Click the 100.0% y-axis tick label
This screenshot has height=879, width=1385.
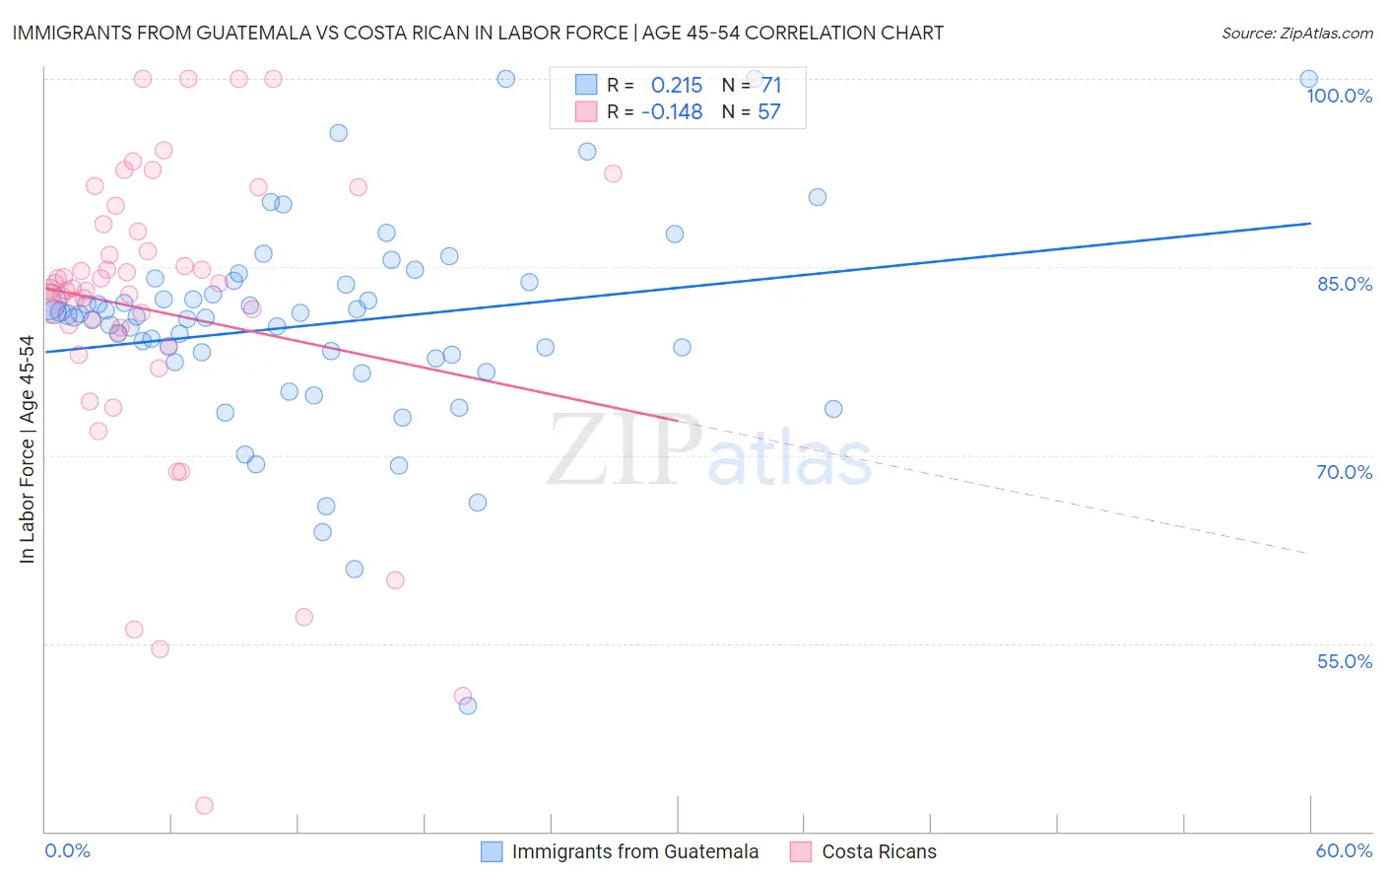coord(1339,96)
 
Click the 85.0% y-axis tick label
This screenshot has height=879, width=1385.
coord(1345,284)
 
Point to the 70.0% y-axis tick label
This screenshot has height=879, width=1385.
coord(1345,472)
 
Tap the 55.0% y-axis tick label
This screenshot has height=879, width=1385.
coord(1345,661)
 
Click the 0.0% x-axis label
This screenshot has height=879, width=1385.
coord(67,850)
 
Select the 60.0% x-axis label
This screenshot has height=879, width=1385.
coord(1344,850)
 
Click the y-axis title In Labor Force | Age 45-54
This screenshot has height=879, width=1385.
coord(27,449)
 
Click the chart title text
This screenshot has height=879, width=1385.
coord(478,33)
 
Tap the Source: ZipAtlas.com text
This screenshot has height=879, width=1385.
coord(1296,34)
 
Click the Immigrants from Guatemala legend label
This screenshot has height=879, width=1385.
coord(635,851)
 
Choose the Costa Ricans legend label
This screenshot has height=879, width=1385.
coord(879,851)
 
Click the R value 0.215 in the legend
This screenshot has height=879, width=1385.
coord(677,86)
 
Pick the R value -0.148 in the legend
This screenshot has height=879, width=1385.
coord(672,112)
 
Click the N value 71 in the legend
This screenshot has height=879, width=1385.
coord(770,86)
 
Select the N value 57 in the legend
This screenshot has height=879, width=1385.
coord(768,112)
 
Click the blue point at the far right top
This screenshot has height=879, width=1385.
coord(1308,79)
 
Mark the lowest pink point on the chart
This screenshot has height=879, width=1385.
coord(205,805)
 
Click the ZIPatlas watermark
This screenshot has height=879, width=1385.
coord(709,452)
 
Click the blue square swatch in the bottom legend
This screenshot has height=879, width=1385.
coord(492,851)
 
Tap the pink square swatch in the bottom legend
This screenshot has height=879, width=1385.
coord(801,851)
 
